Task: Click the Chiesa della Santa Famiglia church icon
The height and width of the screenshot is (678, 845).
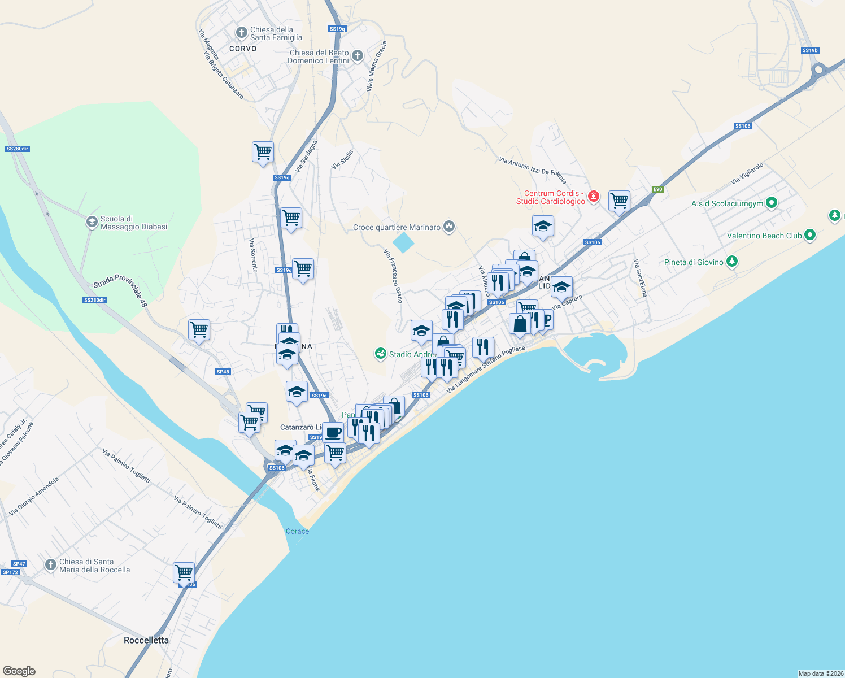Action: pyautogui.click(x=242, y=33)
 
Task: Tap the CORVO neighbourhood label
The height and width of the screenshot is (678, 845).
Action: pyautogui.click(x=243, y=49)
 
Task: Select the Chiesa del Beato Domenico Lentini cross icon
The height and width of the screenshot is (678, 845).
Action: pyautogui.click(x=357, y=56)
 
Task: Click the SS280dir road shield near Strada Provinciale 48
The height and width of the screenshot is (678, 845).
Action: pyautogui.click(x=95, y=300)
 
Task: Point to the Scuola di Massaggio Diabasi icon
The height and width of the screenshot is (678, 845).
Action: pyautogui.click(x=92, y=222)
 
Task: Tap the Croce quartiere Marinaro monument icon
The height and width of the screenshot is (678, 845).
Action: pyautogui.click(x=449, y=227)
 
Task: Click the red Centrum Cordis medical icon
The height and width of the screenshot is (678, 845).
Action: pyautogui.click(x=593, y=197)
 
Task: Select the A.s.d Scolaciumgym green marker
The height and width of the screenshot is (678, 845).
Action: pyautogui.click(x=772, y=203)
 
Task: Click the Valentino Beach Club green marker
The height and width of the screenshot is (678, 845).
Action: pyautogui.click(x=810, y=235)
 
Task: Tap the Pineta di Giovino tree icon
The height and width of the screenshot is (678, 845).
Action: pyautogui.click(x=732, y=262)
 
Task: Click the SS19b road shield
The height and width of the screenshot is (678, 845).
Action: pyautogui.click(x=810, y=50)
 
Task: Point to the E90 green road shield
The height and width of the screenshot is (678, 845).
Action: pyautogui.click(x=657, y=189)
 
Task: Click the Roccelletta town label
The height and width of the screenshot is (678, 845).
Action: pyautogui.click(x=146, y=640)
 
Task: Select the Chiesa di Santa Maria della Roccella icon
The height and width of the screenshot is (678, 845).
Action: pyautogui.click(x=51, y=564)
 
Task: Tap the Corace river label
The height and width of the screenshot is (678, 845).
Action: pyautogui.click(x=297, y=531)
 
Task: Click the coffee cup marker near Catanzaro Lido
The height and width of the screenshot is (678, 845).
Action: pyautogui.click(x=333, y=433)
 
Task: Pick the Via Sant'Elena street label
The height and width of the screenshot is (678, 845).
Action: pyautogui.click(x=640, y=278)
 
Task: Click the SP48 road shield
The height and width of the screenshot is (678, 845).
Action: pyautogui.click(x=223, y=372)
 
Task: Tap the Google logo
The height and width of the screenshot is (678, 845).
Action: pyautogui.click(x=19, y=671)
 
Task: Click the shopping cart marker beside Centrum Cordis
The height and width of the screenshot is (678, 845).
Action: pyautogui.click(x=620, y=201)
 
